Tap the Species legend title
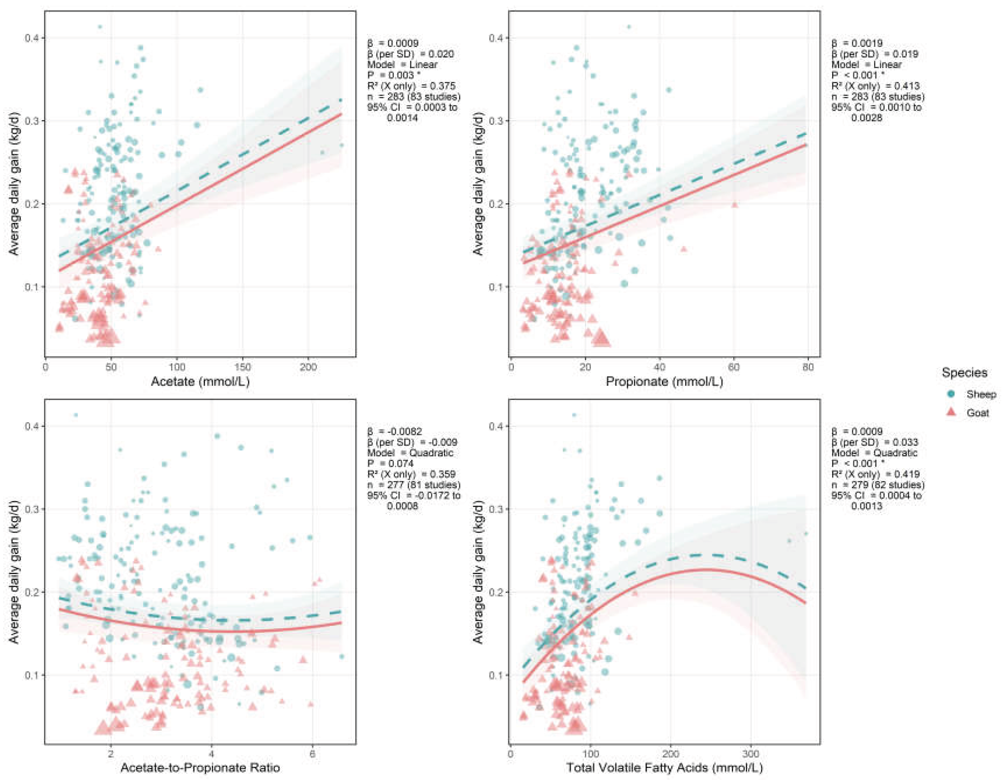pos(965,372)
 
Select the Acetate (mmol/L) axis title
pos(200,381)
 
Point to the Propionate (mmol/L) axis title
pos(664,381)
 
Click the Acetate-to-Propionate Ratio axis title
pos(200,768)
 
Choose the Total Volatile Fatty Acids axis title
pos(664,768)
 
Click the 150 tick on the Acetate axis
pos(243,367)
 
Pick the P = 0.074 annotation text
pos(390,463)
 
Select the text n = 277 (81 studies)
pos(414,484)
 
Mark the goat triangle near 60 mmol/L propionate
pos(735,205)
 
